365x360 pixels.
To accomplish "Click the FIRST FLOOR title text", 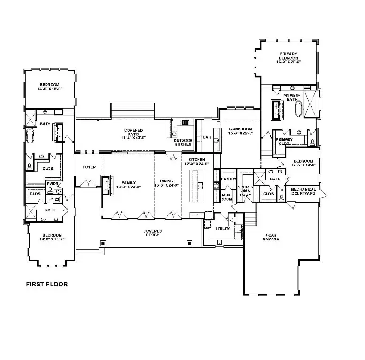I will tap(46, 284).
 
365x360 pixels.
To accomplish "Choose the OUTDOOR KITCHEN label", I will tap(182, 142).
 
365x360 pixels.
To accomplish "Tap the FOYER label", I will tap(90, 167).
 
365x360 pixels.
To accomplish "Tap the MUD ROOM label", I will tap(226, 197).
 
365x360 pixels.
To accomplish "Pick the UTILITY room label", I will tap(223, 229).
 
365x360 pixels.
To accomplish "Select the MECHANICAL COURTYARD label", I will tap(303, 191).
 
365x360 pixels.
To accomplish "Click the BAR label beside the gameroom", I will tap(207, 137).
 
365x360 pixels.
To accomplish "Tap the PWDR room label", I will tap(51, 184).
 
